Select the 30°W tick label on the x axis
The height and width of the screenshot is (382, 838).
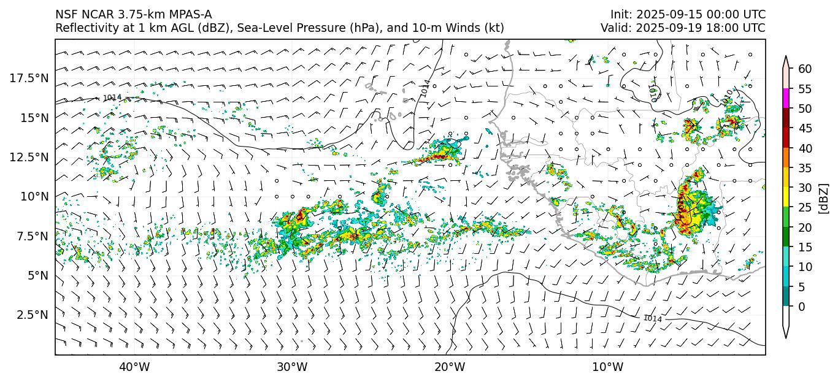[292, 367]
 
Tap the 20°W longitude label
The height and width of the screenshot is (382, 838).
[450, 367]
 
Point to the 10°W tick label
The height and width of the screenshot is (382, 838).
[608, 367]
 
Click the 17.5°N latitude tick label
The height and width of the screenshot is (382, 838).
[29, 78]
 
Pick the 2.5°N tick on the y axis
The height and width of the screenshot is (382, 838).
[31, 315]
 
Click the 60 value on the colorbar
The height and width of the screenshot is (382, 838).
[805, 69]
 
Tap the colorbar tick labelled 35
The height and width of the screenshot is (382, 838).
[805, 168]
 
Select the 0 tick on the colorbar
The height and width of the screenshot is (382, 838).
[802, 307]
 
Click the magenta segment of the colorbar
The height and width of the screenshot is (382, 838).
[786, 99]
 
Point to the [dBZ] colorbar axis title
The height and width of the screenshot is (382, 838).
[823, 198]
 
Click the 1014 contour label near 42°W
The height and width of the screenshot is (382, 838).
[112, 98]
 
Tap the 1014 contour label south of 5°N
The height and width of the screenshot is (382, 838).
[653, 319]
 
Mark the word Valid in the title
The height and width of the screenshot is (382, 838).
[615, 28]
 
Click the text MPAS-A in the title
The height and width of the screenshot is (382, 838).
[188, 14]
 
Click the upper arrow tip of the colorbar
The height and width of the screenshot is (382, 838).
[786, 57]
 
